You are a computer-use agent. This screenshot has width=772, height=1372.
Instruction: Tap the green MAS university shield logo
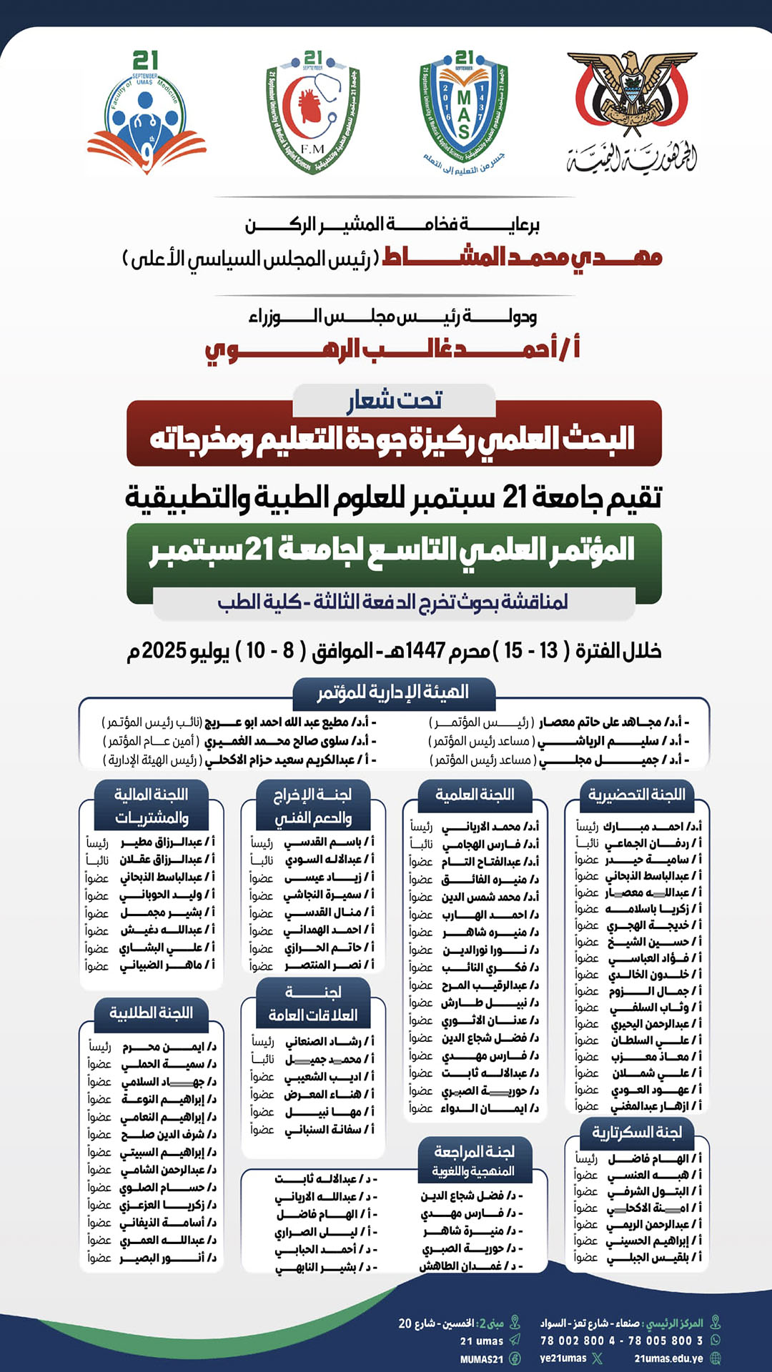(x=464, y=107)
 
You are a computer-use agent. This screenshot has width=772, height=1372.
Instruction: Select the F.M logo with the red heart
(x=313, y=111)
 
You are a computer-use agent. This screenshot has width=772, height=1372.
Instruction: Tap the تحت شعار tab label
(x=395, y=400)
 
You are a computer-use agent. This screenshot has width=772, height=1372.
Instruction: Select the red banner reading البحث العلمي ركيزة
(x=393, y=438)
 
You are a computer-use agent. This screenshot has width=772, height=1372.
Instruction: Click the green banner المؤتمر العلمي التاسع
(x=393, y=550)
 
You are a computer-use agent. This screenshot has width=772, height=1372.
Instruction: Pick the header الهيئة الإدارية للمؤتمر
(x=393, y=692)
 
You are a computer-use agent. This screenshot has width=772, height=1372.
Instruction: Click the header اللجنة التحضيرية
(x=636, y=795)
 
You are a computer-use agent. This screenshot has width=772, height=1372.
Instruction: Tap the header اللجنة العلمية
(x=475, y=795)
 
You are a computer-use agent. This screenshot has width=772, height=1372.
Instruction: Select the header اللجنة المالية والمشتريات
(x=151, y=805)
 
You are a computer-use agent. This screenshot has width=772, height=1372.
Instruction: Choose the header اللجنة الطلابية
(x=151, y=1013)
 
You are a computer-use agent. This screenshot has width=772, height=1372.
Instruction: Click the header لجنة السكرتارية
(x=636, y=1133)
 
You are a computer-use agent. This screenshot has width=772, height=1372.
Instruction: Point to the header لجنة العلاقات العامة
(x=313, y=1003)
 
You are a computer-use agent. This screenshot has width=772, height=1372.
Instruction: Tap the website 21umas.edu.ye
(x=668, y=1358)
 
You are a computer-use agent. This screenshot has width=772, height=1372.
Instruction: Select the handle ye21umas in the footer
(x=563, y=1358)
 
